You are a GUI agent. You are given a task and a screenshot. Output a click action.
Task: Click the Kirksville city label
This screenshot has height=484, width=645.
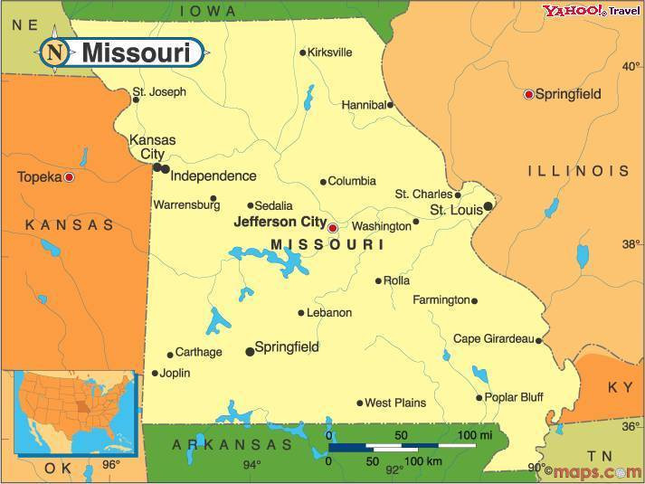point(329,52)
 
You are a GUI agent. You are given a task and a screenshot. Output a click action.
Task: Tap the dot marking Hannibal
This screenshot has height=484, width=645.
point(391,105)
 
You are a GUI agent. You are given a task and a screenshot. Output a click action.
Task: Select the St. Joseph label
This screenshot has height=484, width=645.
point(159,91)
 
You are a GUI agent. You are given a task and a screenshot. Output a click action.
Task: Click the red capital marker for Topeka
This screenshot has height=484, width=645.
point(69,177)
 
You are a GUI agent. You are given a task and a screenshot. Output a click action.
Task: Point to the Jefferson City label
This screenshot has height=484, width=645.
point(280,221)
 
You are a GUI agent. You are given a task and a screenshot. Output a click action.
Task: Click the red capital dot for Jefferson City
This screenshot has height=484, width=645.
point(332,228)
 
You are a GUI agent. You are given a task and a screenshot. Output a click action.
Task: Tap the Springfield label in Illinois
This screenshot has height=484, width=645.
point(568,93)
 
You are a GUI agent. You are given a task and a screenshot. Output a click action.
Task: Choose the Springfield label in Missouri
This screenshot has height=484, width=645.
point(287,346)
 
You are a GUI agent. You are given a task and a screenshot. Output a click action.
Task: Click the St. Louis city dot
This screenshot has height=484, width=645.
point(488,206)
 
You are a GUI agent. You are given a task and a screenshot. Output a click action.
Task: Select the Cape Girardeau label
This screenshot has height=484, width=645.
point(493,339)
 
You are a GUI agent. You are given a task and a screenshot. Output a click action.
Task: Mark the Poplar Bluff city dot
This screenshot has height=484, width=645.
point(479,397)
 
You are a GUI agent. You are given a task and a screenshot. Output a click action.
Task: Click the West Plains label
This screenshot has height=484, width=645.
point(395,403)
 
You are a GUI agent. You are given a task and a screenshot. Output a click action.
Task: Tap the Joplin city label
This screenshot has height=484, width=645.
point(175,373)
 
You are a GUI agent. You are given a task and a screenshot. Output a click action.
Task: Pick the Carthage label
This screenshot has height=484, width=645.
point(198,352)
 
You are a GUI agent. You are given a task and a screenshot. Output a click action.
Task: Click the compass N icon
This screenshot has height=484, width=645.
point(54,52)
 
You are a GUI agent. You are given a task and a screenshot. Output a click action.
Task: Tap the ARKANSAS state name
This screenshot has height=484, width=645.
point(232,444)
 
